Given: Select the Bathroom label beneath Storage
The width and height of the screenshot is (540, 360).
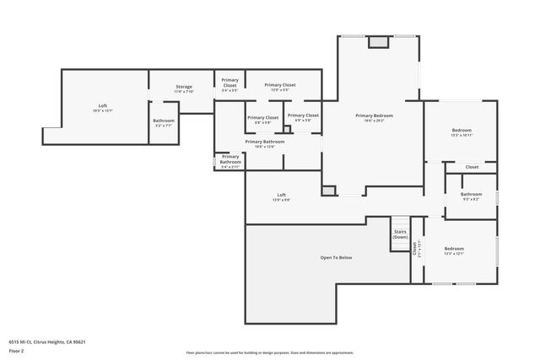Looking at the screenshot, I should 164,122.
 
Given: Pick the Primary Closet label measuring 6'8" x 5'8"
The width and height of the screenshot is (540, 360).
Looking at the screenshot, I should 262,119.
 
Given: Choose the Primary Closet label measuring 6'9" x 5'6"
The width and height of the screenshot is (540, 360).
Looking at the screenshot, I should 303,117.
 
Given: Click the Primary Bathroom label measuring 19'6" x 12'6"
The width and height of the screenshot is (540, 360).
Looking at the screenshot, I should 264,143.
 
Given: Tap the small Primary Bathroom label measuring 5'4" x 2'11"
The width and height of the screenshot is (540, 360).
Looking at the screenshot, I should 230,161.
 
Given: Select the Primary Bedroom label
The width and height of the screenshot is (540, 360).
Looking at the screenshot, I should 374,117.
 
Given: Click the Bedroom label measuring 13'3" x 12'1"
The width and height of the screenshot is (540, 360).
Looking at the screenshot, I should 454,250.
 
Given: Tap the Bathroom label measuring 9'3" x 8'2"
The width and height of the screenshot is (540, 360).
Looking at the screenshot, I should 471,196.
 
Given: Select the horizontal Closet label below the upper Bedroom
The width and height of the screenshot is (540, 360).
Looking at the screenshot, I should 472,167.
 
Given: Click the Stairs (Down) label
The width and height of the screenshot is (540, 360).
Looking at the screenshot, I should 400,234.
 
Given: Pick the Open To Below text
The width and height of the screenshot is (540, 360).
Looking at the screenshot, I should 335,257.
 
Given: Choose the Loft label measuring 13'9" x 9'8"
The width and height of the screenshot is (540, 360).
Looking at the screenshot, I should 281,196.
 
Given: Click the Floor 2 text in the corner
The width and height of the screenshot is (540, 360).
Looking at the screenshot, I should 18,351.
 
